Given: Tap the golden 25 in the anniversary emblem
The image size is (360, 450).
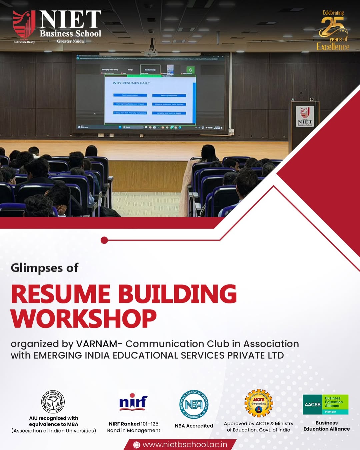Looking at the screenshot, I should tap(331, 26).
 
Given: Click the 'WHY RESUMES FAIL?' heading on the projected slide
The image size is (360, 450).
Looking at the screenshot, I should tap(131, 83).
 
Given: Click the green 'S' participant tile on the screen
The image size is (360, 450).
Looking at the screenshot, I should tap(190, 70).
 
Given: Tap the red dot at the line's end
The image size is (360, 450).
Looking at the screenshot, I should tap(104, 240).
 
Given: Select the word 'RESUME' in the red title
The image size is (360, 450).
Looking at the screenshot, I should tap(60, 294).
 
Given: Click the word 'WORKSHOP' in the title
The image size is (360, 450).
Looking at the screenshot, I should tap(84, 319).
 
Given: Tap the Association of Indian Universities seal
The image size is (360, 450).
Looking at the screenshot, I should tap(53, 402).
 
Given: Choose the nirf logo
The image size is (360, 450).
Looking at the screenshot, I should tap(133, 402).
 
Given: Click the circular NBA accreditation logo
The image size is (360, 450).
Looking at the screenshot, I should tap(194, 404).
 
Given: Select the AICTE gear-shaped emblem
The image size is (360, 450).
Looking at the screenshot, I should tap(259, 403).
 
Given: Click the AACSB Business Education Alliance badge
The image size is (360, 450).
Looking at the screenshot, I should tap(325, 404).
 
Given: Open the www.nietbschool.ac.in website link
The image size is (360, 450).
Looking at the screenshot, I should tap(185, 445).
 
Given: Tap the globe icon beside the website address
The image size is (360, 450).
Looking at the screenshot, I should tap(137, 445).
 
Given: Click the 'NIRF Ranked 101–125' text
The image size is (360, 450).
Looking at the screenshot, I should tap(133, 424).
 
